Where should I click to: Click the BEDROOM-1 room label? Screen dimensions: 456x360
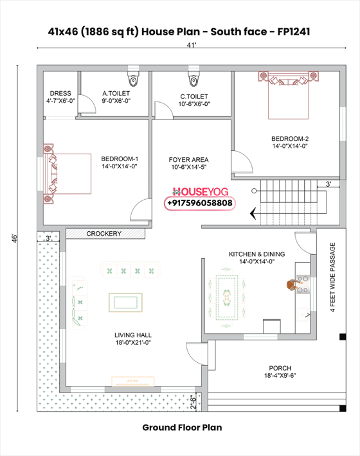tap(120, 162)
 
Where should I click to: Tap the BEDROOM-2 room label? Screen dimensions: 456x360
tap(290, 141)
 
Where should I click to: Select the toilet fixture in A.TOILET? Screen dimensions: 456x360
tap(133, 80)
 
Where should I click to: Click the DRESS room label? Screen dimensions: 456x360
tap(60, 97)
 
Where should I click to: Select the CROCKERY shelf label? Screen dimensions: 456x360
tap(104, 234)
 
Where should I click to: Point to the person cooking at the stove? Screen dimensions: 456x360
tap(297, 285)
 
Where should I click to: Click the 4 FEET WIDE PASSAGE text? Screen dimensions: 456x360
tap(333, 276)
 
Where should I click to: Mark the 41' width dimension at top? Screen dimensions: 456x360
tap(191, 45)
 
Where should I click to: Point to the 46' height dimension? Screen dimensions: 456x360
tap(13, 238)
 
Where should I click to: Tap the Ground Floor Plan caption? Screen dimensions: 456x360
tap(182, 427)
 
